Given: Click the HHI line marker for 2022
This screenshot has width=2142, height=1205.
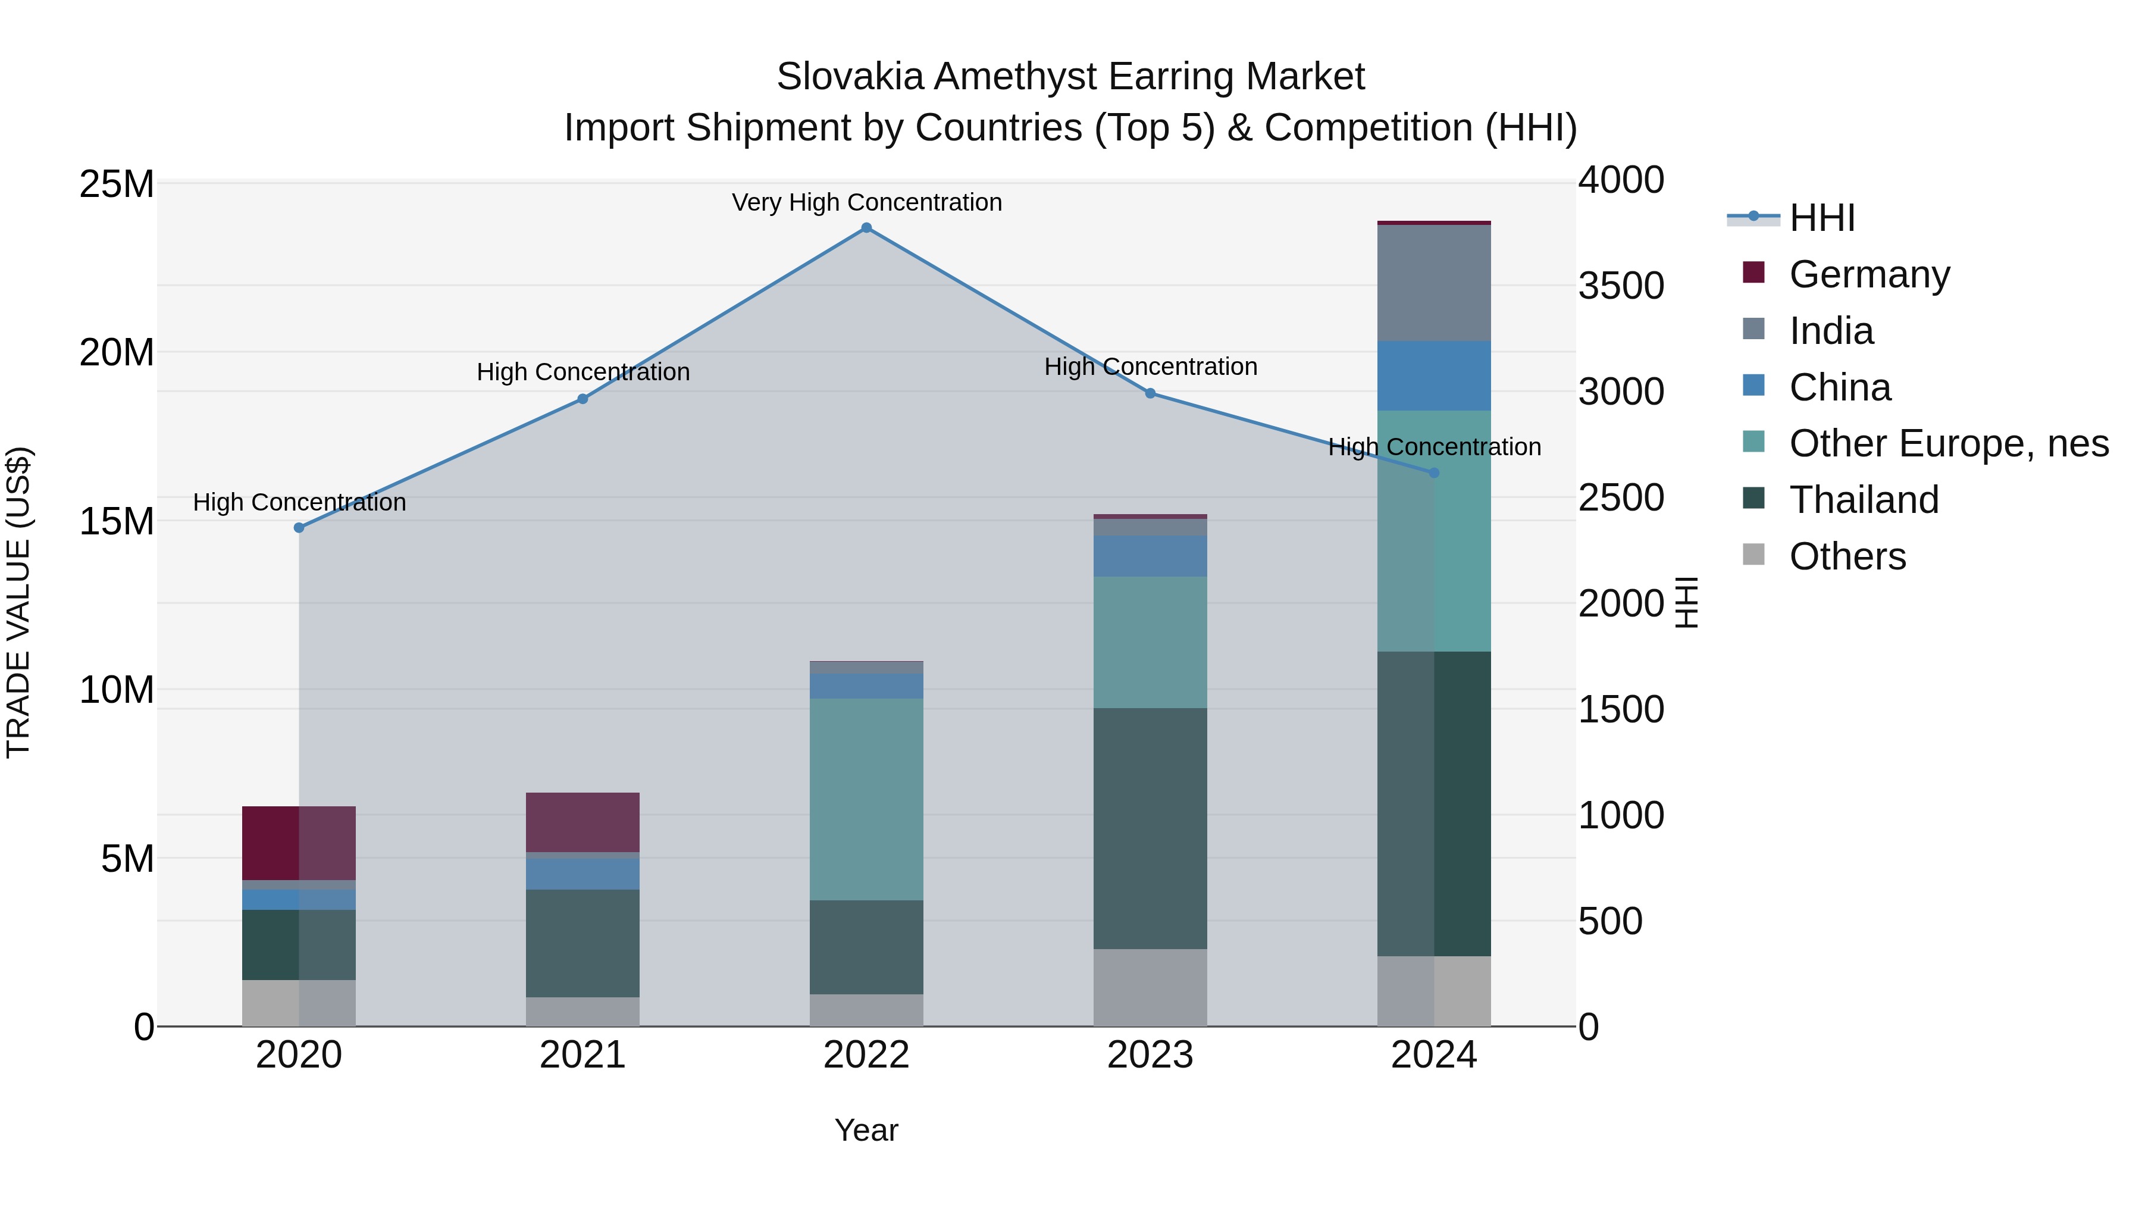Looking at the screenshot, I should [x=866, y=228].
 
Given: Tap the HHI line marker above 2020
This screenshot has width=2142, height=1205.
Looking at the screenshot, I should [x=299, y=527].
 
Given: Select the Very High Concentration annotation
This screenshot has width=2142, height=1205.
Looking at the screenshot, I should [x=866, y=203].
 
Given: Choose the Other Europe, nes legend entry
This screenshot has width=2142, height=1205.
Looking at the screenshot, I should [x=1947, y=443].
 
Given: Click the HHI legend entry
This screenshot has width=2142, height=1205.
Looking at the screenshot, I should [x=1821, y=218].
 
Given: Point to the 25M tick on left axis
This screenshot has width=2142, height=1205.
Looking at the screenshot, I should [x=117, y=184].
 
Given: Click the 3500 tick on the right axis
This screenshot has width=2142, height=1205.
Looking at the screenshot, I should [x=1621, y=286].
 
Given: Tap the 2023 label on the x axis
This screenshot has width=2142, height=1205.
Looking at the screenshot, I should [x=1150, y=1055].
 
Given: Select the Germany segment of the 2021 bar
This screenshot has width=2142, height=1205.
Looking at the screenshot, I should [x=583, y=822].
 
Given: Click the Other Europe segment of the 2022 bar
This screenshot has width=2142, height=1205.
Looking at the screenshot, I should [x=866, y=799].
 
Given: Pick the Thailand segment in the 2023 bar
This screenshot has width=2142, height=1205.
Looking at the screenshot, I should [x=1150, y=828].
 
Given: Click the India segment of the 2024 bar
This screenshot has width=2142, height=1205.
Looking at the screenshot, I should [x=1435, y=283].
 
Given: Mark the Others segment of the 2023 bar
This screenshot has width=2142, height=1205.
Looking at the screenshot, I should [x=1150, y=987].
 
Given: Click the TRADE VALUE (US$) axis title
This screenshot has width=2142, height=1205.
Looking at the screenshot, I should [x=18, y=602].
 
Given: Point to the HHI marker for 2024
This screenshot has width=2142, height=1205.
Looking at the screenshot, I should [x=1435, y=472].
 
